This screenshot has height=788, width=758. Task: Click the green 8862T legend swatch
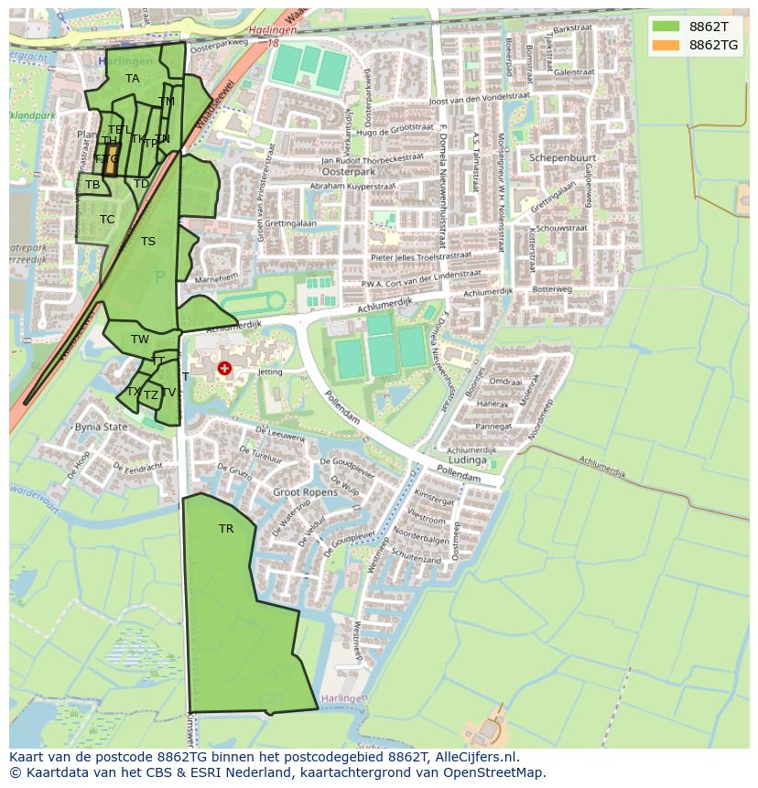tap(666, 27)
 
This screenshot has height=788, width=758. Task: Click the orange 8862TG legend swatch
tap(666, 45)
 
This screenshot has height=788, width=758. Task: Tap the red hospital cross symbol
tap(224, 369)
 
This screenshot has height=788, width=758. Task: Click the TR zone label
tap(226, 529)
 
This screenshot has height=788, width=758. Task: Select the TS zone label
tap(148, 242)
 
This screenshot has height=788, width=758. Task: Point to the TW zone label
tap(139, 340)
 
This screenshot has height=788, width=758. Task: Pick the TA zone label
tap(133, 79)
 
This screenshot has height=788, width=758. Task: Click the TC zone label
tap(107, 220)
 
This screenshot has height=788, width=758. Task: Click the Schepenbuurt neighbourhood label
tap(562, 157)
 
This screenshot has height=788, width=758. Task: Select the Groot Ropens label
tap(305, 491)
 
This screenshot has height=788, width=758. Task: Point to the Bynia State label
tap(101, 427)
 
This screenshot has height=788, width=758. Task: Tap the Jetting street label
tap(270, 372)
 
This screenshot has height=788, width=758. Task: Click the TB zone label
tap(92, 185)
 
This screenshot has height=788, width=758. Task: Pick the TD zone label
tap(141, 184)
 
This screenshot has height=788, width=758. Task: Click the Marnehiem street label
tap(216, 276)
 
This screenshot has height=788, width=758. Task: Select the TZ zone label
tap(151, 395)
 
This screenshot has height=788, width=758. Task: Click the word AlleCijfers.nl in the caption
tap(477, 758)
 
